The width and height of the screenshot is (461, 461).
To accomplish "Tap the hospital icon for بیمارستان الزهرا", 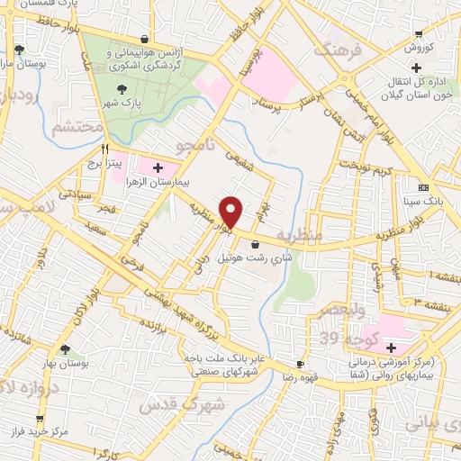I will click(x=158, y=167).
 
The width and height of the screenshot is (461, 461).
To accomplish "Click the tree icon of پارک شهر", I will click(x=122, y=87).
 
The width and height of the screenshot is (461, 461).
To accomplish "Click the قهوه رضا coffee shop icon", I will click(x=300, y=365).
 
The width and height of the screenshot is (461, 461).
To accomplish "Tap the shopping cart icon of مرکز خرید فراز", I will click(x=40, y=419).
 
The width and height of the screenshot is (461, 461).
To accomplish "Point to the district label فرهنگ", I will click(x=339, y=51).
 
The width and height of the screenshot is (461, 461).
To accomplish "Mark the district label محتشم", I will click(x=72, y=127).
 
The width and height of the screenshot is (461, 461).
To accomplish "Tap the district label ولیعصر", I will click(x=340, y=311).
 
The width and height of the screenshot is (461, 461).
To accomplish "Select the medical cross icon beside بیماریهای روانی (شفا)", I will click(x=390, y=348).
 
